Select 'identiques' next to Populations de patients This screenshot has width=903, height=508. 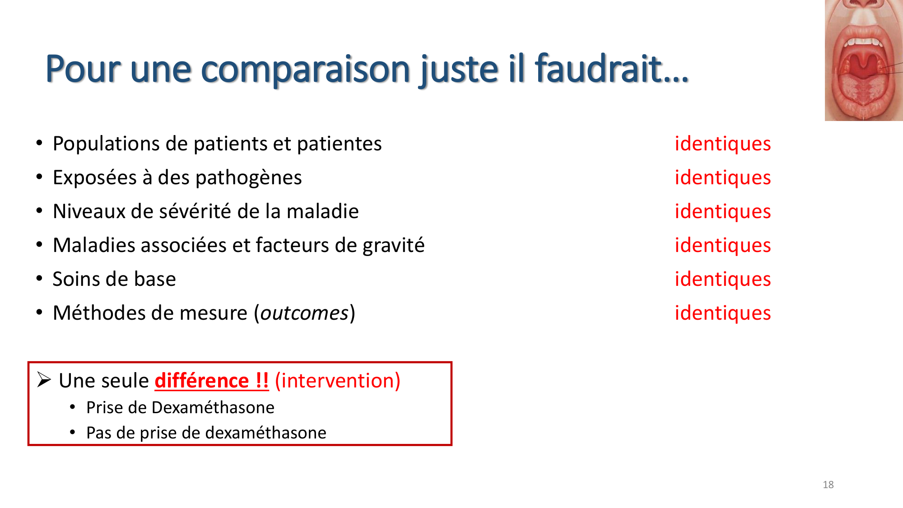pos(722,144)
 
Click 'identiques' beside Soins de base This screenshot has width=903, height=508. pos(722,279)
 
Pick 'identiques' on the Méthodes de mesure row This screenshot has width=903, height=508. pos(722,313)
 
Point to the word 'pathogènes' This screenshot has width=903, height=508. pos(252,178)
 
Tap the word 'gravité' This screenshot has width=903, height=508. pos(393,246)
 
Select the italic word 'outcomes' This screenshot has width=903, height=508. pos(304,313)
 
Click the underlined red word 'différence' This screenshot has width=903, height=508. pos(201,381)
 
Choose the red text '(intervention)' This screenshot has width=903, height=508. pos(337,381)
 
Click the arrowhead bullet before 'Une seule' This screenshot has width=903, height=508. pos(44,380)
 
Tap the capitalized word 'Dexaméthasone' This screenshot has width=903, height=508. pos(213,407)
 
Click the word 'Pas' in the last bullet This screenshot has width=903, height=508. pos(98,433)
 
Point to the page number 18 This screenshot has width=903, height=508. pos(828,485)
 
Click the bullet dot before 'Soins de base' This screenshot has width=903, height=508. pos(39,279)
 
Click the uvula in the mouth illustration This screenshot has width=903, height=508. pos(863,70)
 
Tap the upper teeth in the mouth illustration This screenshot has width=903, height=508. pos(863,42)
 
